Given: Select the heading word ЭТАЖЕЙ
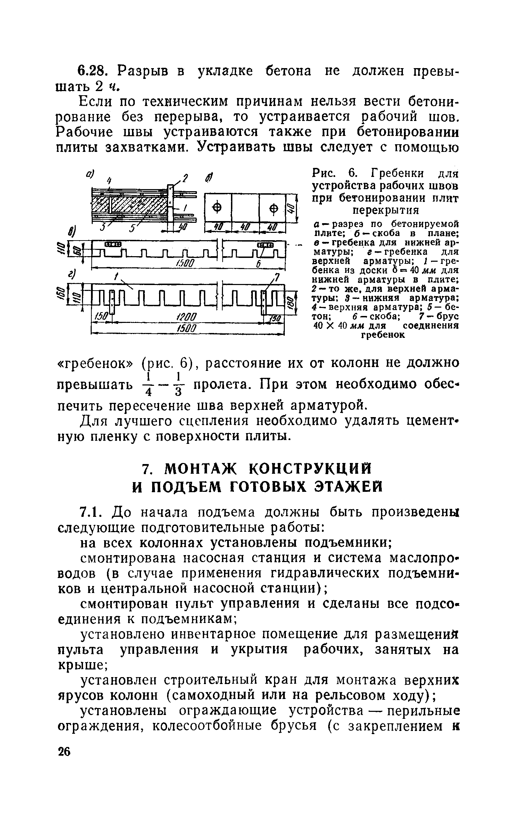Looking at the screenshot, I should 339,486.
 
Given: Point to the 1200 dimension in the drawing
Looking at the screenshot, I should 187,317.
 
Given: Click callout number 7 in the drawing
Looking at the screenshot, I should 277,277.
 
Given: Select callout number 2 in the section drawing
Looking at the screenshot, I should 185,179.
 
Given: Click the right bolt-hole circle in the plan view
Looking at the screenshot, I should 274,209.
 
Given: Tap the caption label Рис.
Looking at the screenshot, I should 323,173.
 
